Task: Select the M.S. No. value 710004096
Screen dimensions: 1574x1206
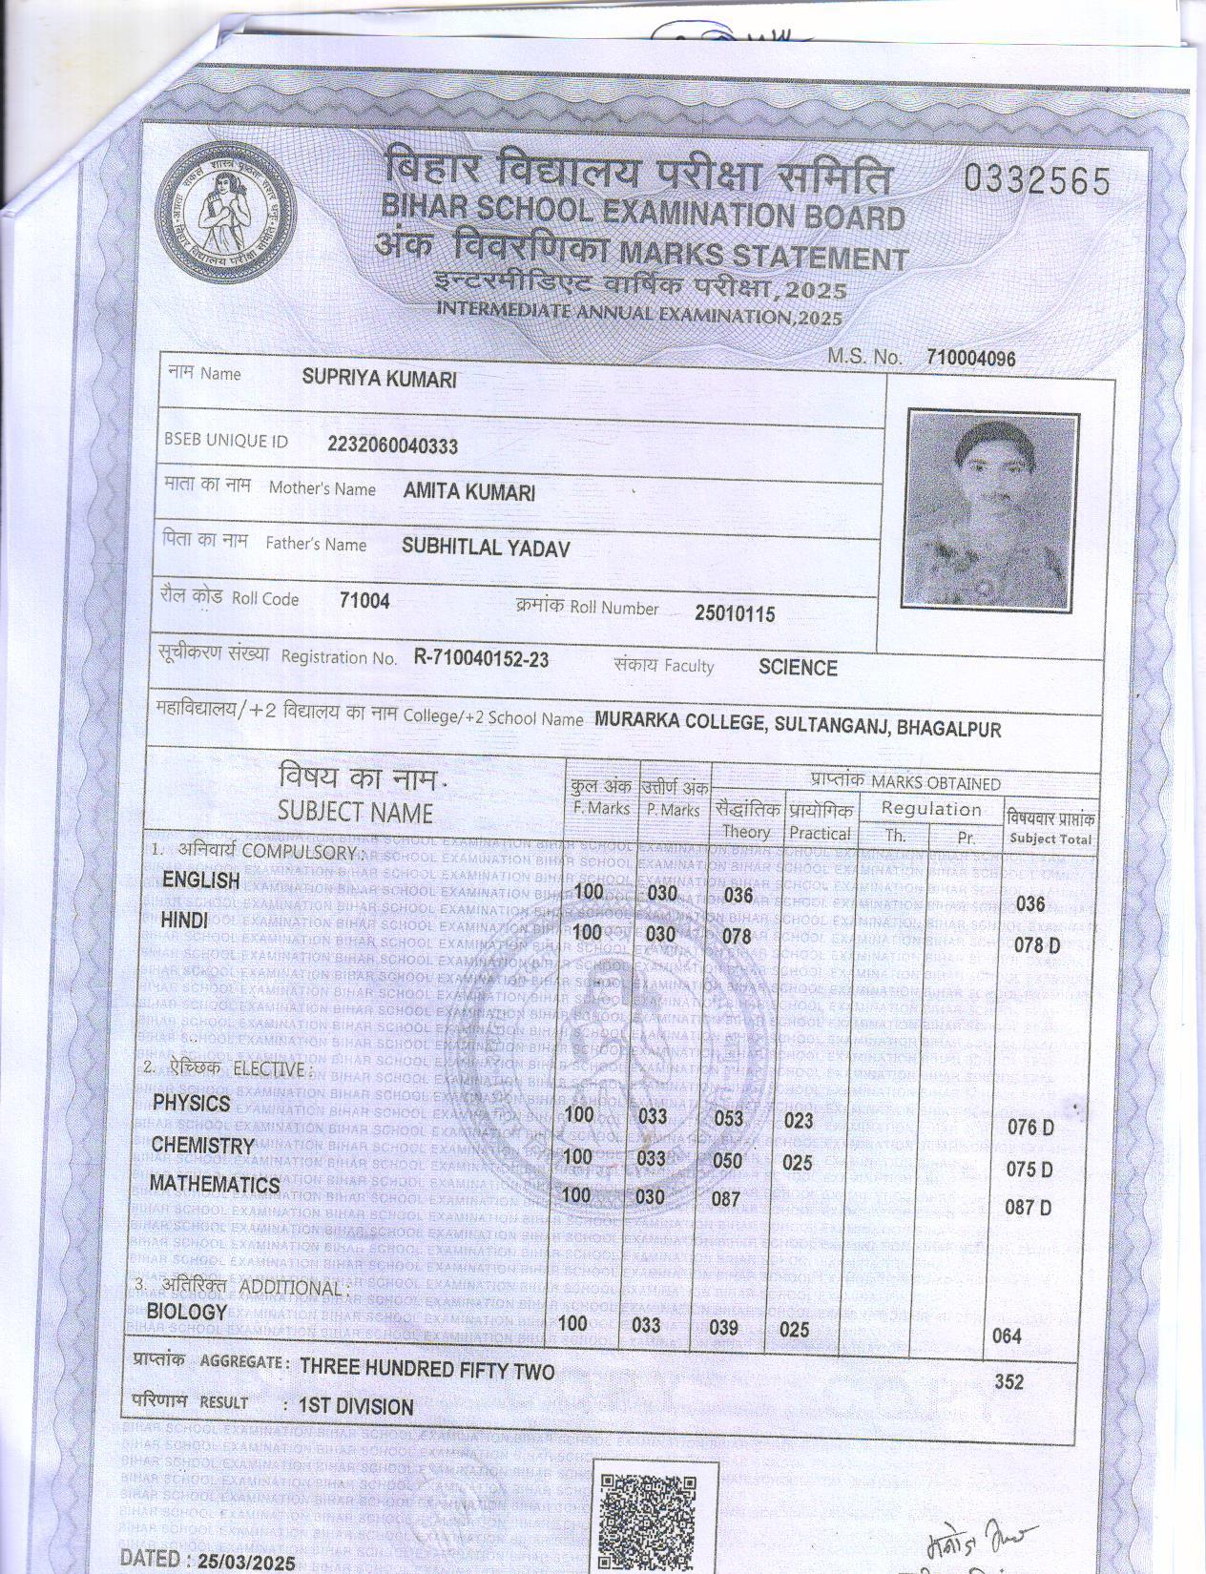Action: click(970, 359)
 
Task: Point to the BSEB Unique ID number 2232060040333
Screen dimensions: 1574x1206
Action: click(392, 445)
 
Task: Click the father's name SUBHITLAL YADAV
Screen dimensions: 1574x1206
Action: click(485, 547)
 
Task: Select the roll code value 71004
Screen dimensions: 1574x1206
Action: click(364, 601)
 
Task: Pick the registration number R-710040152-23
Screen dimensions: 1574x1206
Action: click(481, 658)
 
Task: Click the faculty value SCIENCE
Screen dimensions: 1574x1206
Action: click(798, 668)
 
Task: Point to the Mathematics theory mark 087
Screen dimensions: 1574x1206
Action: click(726, 1199)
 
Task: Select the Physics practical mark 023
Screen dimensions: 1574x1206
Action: click(798, 1121)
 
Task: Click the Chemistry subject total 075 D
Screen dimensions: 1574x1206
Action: click(1029, 1170)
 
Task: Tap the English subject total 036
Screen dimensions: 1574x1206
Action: click(1030, 903)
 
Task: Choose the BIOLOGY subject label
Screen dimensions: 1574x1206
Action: click(187, 1312)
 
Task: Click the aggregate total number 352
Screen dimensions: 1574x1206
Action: click(1008, 1381)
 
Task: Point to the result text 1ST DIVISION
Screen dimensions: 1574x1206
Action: click(356, 1407)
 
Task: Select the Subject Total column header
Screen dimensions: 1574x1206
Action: click(1050, 830)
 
